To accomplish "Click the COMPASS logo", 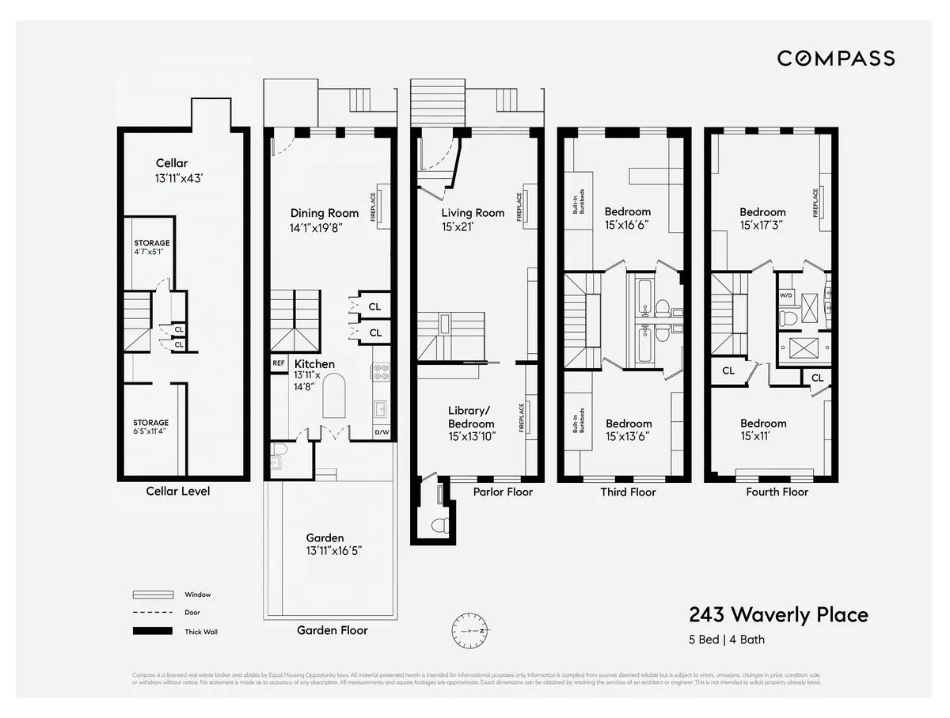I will (835, 58).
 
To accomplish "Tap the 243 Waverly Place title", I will (778, 615).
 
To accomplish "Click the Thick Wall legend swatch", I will (152, 631).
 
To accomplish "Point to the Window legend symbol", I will (152, 595).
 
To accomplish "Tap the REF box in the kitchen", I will (279, 363).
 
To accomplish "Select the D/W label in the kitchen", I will (382, 433).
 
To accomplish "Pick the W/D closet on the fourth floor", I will (786, 295).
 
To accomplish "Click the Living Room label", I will (473, 213).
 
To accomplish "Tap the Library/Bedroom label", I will (470, 416).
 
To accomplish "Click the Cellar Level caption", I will (178, 491).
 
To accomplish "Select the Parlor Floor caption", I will (503, 492).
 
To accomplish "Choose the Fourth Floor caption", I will (777, 492).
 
